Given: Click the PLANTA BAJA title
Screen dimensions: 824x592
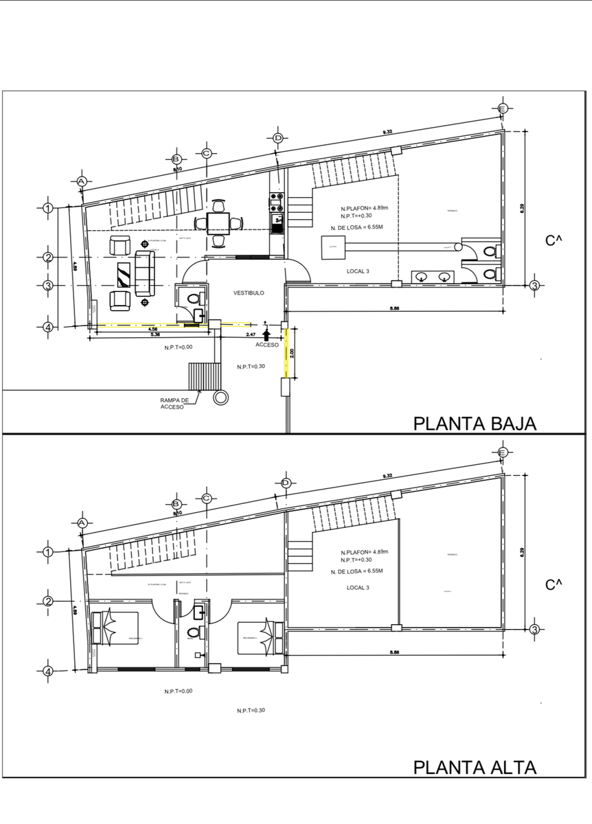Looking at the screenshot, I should pyautogui.click(x=474, y=423).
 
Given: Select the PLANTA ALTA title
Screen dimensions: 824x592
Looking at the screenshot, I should pyautogui.click(x=474, y=766).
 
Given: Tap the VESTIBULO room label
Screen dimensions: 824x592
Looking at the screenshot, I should pyautogui.click(x=249, y=293).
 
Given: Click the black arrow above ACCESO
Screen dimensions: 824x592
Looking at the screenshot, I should pyautogui.click(x=267, y=333).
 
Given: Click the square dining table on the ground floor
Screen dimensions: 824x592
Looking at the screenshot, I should pyautogui.click(x=218, y=222).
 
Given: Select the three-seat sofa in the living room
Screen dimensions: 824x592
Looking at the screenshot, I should pyautogui.click(x=145, y=273).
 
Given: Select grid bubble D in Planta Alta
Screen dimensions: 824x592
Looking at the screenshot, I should pyautogui.click(x=285, y=482).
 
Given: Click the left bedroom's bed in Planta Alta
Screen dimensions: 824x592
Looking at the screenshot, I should pyautogui.click(x=115, y=628).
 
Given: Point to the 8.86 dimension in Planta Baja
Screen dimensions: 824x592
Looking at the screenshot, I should pyautogui.click(x=394, y=309).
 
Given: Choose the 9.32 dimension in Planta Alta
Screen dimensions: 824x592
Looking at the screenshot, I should pyautogui.click(x=387, y=475).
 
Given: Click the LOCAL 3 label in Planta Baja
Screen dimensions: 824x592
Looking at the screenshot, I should pyautogui.click(x=358, y=271).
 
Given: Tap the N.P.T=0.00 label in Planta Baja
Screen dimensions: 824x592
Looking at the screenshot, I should pyautogui.click(x=178, y=347).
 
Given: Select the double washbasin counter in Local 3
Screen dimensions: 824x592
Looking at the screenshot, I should pyautogui.click(x=434, y=277).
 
